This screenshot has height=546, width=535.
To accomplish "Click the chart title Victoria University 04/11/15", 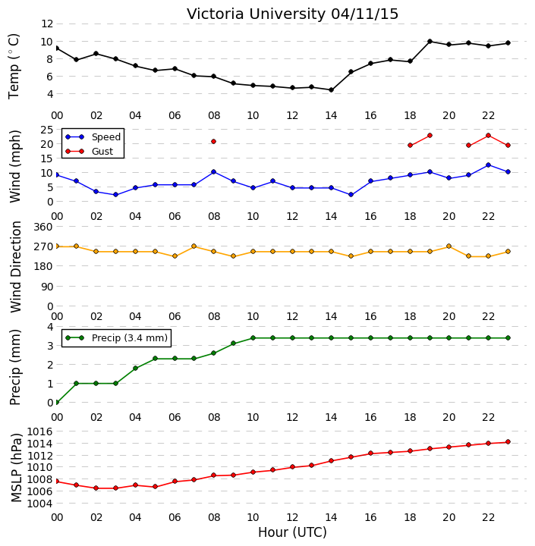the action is click(292, 14).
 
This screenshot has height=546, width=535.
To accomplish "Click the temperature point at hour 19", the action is click(430, 42).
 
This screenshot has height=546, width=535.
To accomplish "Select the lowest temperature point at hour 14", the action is click(332, 89).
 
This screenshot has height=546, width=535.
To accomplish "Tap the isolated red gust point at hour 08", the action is click(214, 141).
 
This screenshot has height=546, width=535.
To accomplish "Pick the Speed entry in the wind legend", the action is click(93, 136).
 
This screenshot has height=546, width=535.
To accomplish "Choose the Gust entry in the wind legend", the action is click(90, 152).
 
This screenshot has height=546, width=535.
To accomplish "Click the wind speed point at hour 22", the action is click(488, 165).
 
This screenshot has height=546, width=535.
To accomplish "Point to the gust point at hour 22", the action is click(488, 136).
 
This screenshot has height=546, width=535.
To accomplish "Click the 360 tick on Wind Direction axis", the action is click(43, 227).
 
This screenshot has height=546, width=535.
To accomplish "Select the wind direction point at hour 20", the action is click(449, 246).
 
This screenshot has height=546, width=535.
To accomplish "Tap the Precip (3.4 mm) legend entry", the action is click(116, 337).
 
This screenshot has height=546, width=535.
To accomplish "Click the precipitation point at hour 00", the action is click(57, 402).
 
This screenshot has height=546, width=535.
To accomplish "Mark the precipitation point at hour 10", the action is click(253, 337).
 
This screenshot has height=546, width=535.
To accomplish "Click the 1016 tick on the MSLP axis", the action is click(39, 431).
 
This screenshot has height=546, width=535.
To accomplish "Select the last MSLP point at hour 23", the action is click(508, 442).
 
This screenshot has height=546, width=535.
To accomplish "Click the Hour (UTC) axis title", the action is click(292, 532).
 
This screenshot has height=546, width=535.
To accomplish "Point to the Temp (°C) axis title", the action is click(14, 66).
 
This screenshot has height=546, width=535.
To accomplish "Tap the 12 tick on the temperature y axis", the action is click(47, 24).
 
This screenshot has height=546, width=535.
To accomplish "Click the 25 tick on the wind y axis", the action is click(47, 130).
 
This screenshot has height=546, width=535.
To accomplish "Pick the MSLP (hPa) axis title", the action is click(16, 468).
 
